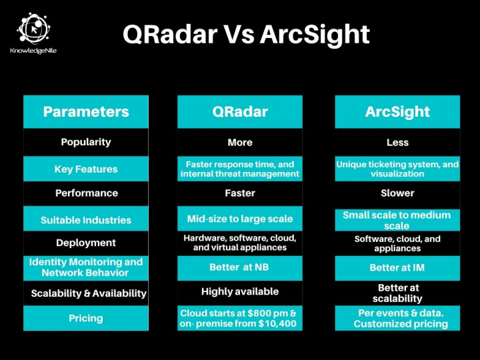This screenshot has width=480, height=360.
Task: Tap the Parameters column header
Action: tap(86, 111)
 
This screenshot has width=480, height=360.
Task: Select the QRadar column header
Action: tap(239, 111)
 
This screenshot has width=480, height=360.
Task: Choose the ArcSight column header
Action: tap(397, 111)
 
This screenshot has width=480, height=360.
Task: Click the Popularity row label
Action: tap(86, 142)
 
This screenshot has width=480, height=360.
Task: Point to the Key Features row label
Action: tap(86, 169)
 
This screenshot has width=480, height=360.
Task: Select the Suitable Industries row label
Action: tap(86, 220)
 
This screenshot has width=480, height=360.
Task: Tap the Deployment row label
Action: tap(86, 243)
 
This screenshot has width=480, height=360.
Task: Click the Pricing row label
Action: tap(86, 318)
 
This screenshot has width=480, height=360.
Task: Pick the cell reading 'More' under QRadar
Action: tap(239, 142)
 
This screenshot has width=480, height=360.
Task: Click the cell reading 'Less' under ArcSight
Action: tap(397, 142)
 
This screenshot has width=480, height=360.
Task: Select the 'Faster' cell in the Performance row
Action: tap(239, 193)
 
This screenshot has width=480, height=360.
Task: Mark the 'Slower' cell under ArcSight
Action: tap(397, 193)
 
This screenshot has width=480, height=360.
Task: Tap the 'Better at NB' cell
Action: tap(239, 267)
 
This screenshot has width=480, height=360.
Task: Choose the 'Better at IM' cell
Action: tap(397, 267)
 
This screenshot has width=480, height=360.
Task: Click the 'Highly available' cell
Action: tap(239, 291)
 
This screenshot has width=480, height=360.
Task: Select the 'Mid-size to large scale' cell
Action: tap(239, 218)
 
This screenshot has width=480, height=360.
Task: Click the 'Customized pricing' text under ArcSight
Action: tap(401, 324)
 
